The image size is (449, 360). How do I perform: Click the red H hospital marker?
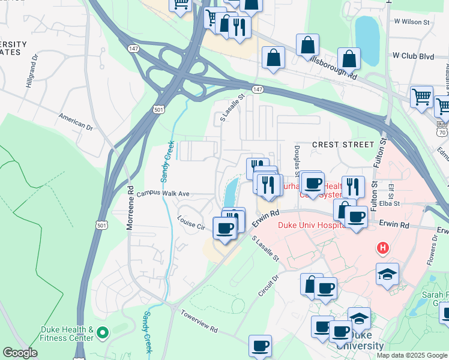pyautogui.click(x=382, y=247)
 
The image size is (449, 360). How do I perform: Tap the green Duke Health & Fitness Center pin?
pyautogui.click(x=103, y=332)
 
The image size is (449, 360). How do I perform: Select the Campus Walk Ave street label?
pyautogui.click(x=163, y=194)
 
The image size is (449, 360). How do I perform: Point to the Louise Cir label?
pyautogui.click(x=191, y=223)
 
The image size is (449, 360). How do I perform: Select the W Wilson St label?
pyautogui.click(x=412, y=22)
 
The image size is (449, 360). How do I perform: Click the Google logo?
pyautogui.click(x=20, y=353)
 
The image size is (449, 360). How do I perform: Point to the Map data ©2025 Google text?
pyautogui.click(x=412, y=355)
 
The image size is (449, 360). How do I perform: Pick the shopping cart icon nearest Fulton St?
pyautogui.click(x=421, y=96)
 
